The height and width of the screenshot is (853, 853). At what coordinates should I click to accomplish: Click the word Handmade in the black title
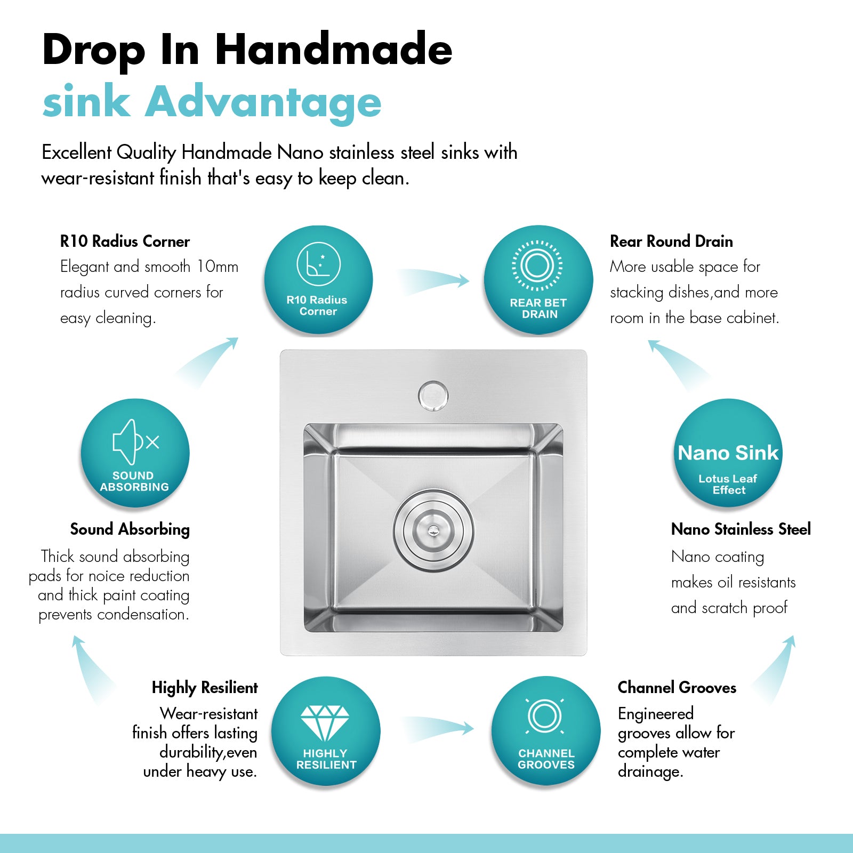coord(334,49)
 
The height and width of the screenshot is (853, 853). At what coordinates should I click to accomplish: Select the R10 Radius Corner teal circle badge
coord(318,280)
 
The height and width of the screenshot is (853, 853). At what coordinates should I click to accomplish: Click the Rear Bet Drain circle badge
coord(538,280)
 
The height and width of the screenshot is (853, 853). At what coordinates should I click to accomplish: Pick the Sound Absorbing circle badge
coord(135,453)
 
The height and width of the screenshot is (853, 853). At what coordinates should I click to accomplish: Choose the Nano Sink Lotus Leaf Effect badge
coord(728,453)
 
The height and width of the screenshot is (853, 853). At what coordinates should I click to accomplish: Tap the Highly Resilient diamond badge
coord(326,731)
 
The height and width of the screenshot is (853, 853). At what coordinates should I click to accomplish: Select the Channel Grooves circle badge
coord(546,731)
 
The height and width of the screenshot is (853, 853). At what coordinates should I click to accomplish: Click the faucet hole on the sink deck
coord(433,396)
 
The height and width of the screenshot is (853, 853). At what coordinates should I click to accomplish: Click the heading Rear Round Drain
coord(671,242)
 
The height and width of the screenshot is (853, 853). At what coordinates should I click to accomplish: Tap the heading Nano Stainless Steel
coord(741,529)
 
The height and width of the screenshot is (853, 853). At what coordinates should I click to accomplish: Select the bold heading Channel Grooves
coord(677,688)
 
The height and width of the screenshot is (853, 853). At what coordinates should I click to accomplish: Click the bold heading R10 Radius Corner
coord(125,242)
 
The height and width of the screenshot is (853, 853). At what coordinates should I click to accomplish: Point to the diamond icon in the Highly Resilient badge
coord(325,723)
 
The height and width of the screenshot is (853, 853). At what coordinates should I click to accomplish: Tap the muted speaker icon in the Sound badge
coord(135,442)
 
